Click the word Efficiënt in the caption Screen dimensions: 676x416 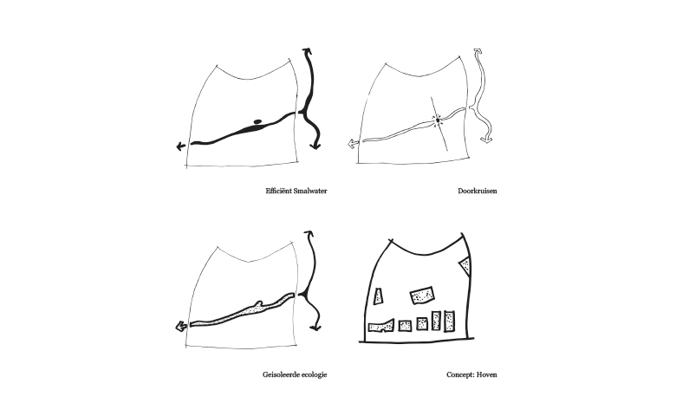pyautogui.click(x=278, y=191)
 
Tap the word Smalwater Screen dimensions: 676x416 pyautogui.click(x=310, y=191)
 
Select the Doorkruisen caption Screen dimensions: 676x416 pyautogui.click(x=478, y=191)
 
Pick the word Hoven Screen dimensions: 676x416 pyautogui.click(x=487, y=374)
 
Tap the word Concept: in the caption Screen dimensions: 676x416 pyautogui.click(x=460, y=375)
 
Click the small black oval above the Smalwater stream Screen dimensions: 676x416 pyautogui.click(x=257, y=122)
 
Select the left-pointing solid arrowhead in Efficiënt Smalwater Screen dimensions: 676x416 pyautogui.click(x=181, y=146)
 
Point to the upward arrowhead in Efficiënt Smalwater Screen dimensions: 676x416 pyautogui.click(x=308, y=51)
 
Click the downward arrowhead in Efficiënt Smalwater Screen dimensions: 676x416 pyautogui.click(x=315, y=146)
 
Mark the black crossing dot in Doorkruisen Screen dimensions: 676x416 pyautogui.click(x=438, y=120)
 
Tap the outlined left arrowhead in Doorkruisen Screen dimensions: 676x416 pyautogui.click(x=353, y=144)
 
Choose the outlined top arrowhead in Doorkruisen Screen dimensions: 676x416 pyautogui.click(x=478, y=51)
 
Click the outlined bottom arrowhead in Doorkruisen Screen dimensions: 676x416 pyautogui.click(x=486, y=140)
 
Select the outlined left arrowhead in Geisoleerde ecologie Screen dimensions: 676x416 pyautogui.click(x=181, y=327)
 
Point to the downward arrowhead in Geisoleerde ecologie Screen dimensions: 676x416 pyautogui.click(x=315, y=328)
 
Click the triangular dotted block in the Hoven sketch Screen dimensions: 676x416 pyautogui.click(x=465, y=265)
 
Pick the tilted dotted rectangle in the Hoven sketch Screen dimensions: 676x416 pyautogui.click(x=422, y=296)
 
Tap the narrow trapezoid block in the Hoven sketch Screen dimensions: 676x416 pyautogui.click(x=378, y=296)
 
